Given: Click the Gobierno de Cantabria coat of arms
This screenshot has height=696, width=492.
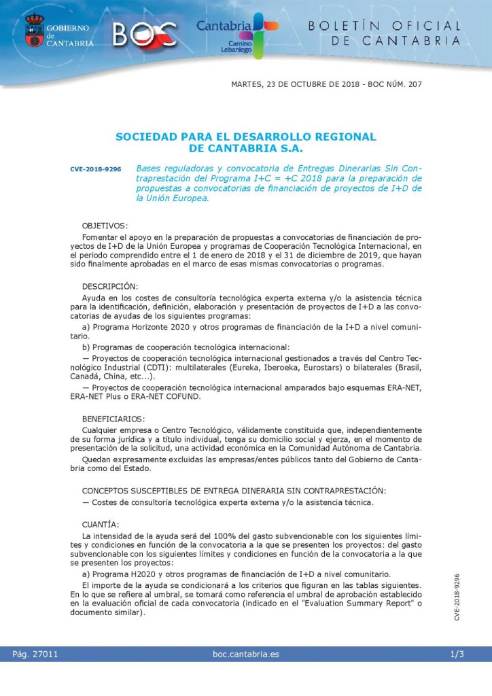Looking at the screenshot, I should [34, 31].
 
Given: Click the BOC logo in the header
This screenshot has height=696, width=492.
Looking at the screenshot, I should [145, 33].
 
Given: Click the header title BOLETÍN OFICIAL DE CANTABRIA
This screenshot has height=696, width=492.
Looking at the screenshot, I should [385, 33].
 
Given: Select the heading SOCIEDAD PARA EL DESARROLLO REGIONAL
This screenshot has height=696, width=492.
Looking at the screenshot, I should [245, 137].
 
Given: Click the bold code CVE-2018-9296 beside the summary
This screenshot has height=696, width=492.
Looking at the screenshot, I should [95, 169].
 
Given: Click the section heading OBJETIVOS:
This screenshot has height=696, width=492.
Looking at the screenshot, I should [105, 225].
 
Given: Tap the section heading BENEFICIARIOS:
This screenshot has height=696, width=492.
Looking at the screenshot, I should [113, 419].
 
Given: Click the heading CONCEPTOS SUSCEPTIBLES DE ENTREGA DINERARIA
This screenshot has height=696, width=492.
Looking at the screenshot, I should [234, 491].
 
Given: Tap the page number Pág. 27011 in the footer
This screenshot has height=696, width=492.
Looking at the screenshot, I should [35, 655].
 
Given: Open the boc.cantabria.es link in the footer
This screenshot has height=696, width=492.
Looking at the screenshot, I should [245, 655].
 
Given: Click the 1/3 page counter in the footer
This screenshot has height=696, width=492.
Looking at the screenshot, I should [457, 655].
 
